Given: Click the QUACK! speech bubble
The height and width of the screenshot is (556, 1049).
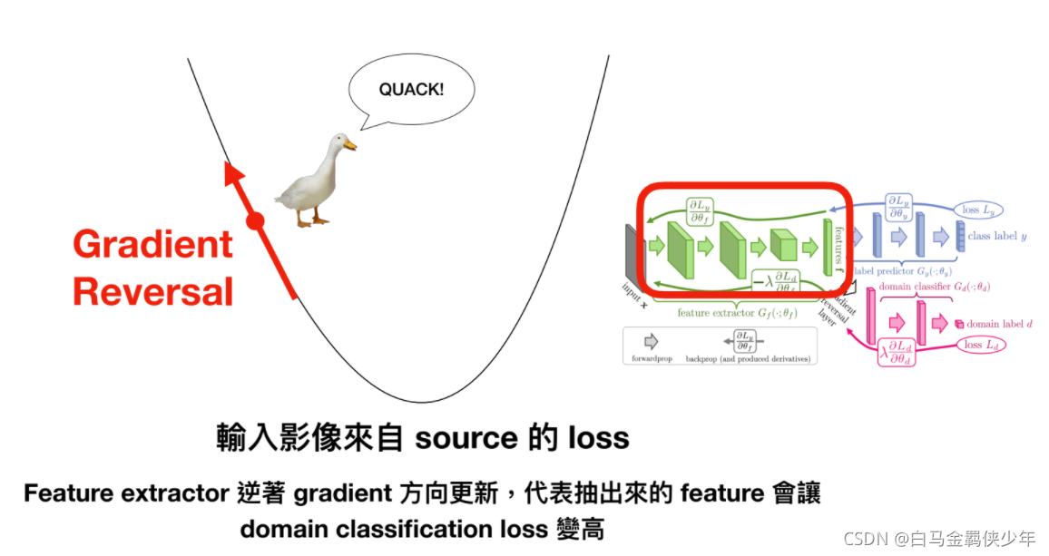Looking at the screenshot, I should click(413, 91).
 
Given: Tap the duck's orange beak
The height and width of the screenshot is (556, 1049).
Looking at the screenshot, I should click(350, 144).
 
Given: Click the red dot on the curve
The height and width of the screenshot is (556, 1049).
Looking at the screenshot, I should click(255, 220).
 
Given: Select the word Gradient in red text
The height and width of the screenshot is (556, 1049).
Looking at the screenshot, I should click(152, 245).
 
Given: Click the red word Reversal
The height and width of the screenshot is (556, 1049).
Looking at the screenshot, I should click(152, 292).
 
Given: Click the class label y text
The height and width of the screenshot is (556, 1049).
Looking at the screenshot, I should click(996, 237).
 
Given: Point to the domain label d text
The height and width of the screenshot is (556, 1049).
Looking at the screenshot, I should click(999, 324).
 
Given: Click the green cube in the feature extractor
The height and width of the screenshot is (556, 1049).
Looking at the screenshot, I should click(782, 245).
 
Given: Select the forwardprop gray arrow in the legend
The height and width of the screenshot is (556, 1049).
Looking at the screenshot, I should click(651, 342).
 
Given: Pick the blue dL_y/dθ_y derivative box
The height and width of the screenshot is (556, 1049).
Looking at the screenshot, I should click(898, 207).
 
